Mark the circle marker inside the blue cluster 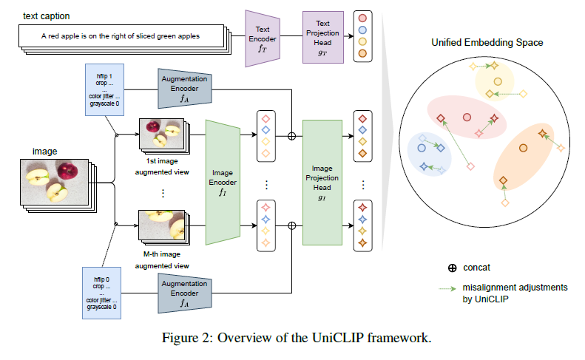tap(422, 149)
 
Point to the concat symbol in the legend tap(452, 267)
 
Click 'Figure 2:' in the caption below tap(185, 339)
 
